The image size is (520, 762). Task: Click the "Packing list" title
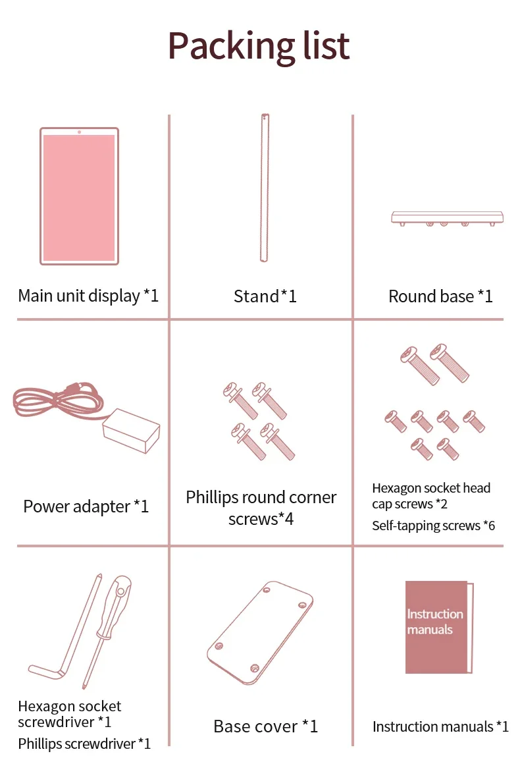click(x=259, y=46)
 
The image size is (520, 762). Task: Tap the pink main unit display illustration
click(x=79, y=196)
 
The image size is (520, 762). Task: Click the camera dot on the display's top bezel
click(x=79, y=132)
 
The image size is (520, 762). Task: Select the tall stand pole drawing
click(x=264, y=188)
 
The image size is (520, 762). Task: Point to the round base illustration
click(x=447, y=218)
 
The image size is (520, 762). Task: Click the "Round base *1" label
click(x=440, y=296)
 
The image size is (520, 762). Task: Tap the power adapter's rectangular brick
click(x=131, y=431)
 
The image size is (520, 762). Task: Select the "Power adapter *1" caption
click(x=86, y=506)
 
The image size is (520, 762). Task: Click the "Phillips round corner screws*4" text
click(x=261, y=508)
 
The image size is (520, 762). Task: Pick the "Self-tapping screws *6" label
click(x=434, y=526)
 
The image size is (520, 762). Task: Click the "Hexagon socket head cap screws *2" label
click(x=431, y=496)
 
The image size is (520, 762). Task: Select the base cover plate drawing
click(x=260, y=633)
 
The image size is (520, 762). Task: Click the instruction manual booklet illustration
click(x=439, y=628)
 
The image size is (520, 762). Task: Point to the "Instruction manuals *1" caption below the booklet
click(x=441, y=726)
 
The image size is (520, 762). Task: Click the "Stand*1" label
click(x=265, y=296)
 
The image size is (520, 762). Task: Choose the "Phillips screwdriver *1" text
click(x=84, y=744)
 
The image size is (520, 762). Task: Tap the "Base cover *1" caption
click(x=265, y=726)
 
